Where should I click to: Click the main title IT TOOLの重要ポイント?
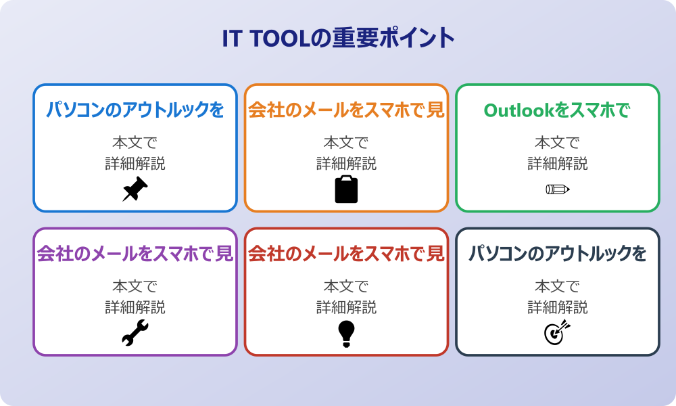click(338, 39)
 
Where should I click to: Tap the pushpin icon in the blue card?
click(135, 189)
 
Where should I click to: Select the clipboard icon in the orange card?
click(346, 189)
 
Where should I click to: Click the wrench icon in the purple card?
click(135, 333)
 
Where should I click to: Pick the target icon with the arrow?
click(558, 333)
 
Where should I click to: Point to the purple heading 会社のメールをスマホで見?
click(135, 254)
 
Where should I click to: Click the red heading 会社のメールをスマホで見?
click(346, 254)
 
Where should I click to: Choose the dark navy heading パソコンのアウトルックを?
click(558, 254)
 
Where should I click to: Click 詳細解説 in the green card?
click(558, 163)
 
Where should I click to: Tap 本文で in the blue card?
click(135, 143)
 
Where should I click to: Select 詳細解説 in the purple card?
click(135, 307)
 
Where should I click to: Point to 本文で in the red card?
click(346, 286)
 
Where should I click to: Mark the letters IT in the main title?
click(233, 39)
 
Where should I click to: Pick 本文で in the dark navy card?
click(558, 286)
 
